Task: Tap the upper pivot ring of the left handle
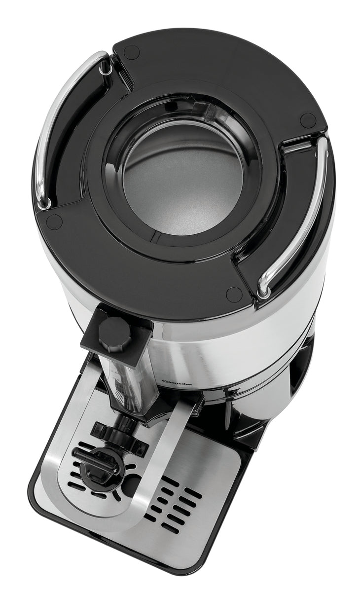click(105, 70)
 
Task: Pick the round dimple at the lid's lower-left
click(54, 222)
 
